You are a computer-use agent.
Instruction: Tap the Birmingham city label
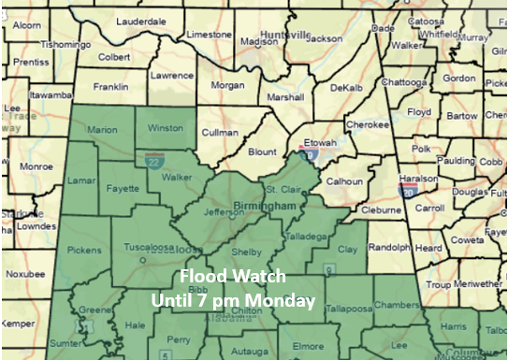(x=279, y=204)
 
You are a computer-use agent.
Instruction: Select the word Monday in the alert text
(x=284, y=302)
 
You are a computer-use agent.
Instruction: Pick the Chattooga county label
(x=404, y=82)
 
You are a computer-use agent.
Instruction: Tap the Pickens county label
(x=85, y=251)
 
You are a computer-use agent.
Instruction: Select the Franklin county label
(x=111, y=87)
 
